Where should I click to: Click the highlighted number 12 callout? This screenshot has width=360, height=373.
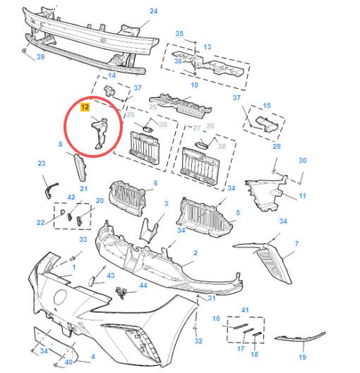click(85, 107)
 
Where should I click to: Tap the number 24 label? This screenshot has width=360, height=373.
click(154, 11)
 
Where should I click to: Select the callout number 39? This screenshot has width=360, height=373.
click(41, 57)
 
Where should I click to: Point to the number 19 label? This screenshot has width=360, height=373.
click(302, 357)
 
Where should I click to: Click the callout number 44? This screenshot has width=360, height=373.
click(143, 286)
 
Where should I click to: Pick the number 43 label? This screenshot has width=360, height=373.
click(111, 276)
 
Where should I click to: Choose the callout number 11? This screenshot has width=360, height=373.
click(302, 196)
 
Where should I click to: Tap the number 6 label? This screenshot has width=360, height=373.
click(155, 183)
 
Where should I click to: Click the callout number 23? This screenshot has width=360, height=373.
click(42, 164)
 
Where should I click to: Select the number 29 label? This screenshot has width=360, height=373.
click(277, 146)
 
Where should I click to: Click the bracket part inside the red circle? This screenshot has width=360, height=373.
click(100, 134)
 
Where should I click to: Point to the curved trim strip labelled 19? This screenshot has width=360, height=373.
click(301, 337)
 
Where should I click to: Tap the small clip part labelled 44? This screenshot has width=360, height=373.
click(121, 292)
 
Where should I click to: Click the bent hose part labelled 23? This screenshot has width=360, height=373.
click(51, 190)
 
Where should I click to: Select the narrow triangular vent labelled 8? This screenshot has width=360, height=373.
click(80, 167)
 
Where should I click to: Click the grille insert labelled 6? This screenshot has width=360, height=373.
click(127, 198)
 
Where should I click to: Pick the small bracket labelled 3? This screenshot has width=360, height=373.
click(150, 231)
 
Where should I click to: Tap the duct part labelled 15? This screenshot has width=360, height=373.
click(267, 123)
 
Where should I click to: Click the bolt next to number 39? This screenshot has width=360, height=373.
click(24, 51)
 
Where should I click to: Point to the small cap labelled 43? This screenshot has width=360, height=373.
click(92, 281)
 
